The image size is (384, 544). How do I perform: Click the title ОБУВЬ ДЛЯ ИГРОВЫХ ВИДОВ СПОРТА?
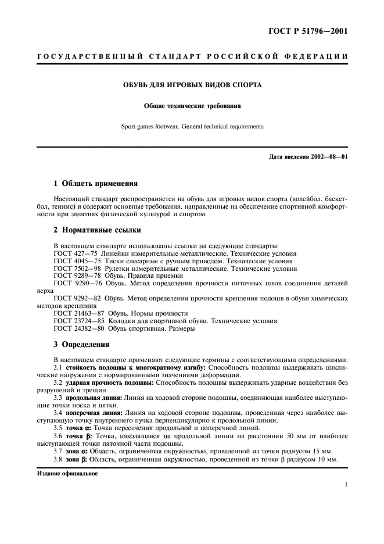point(192,85)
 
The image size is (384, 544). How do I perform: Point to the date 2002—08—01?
point(327,157)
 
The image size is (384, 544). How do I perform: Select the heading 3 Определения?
point(81,343)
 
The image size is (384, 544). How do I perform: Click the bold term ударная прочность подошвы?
point(110,382)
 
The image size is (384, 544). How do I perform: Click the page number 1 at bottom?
point(346,484)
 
